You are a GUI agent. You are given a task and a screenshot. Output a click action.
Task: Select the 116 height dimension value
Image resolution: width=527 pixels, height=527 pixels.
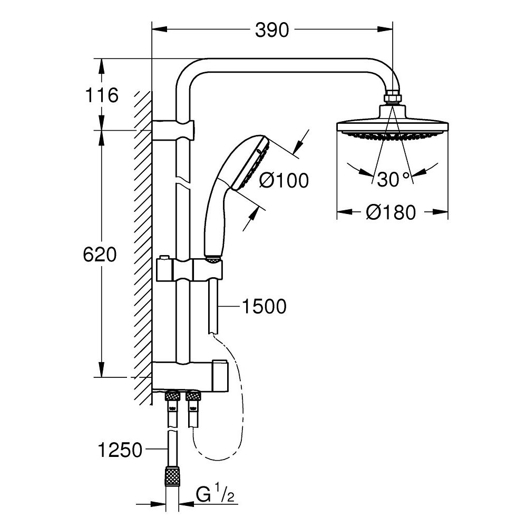coord(100,96)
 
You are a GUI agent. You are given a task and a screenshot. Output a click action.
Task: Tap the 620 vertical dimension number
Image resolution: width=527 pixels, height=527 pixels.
coord(100,255)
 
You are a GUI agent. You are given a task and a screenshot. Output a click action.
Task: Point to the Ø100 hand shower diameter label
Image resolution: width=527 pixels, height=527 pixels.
coord(284,180)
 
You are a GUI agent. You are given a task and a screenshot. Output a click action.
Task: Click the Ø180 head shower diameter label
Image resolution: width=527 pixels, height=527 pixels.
coord(392,212)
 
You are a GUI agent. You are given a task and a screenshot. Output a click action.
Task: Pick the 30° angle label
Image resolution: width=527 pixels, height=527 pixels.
coord(393,179)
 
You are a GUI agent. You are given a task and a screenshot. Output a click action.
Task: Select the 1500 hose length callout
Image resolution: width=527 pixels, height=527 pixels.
coord(263,306)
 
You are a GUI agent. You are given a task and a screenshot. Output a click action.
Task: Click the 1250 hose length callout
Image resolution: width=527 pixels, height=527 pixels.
coord(120,451)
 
